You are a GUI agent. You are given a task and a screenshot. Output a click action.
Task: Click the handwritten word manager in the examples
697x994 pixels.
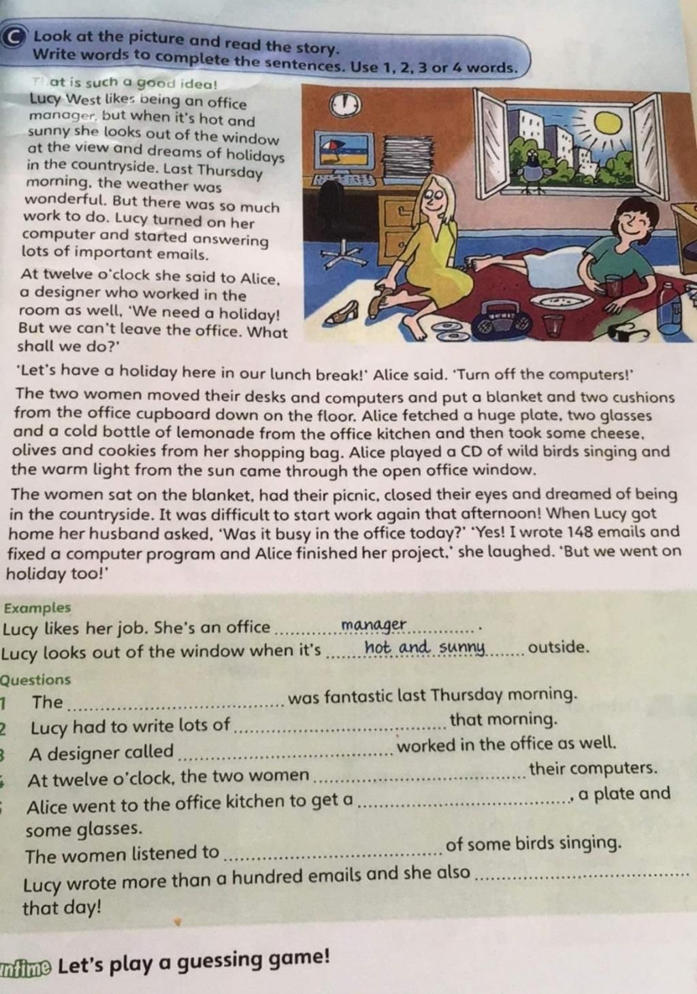click(x=374, y=625)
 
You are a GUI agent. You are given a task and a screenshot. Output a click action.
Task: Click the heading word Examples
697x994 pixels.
click(x=37, y=608)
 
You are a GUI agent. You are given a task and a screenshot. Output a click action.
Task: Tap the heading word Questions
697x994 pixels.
click(x=35, y=679)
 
